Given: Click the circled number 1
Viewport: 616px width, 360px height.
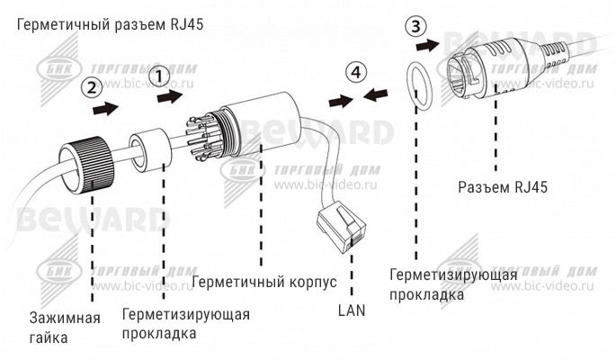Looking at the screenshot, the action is (159, 76).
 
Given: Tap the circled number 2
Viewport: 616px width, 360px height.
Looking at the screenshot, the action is (92, 87).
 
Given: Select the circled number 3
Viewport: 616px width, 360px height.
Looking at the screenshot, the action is (415, 27).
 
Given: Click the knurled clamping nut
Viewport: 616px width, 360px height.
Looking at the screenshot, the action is (85, 165).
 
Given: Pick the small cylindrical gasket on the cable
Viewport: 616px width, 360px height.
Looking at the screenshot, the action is (151, 151).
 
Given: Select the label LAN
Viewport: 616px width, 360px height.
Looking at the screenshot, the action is (352, 310).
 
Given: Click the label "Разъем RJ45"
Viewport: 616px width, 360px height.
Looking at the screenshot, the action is (503, 187).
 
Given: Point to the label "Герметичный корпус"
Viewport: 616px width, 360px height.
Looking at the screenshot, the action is (264, 282).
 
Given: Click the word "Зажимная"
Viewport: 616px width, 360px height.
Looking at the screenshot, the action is (65, 318).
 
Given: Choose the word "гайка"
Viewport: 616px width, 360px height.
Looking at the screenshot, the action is (49, 337).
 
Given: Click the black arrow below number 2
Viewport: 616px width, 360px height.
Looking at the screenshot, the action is (106, 107).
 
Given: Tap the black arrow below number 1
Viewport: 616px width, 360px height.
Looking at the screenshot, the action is (170, 95).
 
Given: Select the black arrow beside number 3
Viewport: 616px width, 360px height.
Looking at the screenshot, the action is (427, 45).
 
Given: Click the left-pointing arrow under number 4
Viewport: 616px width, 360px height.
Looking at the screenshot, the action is (375, 94).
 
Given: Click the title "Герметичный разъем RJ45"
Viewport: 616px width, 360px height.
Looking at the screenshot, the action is (111, 25).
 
